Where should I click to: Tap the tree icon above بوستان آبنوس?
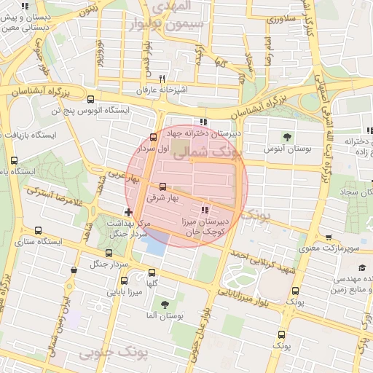coord(287,136)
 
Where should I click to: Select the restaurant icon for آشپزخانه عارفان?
coord(162,79)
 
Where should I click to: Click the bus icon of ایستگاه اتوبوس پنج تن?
coord(90,100)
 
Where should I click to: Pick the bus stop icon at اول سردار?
coord(153,137)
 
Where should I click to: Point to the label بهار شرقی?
coord(161,197)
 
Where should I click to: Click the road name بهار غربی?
coord(122,177)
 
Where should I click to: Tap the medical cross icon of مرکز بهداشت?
coord(128,212)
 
